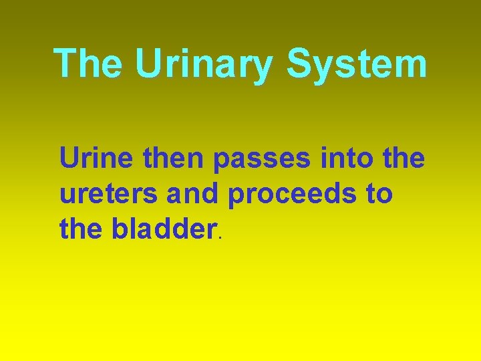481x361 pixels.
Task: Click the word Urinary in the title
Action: tap(204, 64)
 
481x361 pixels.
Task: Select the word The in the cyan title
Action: tap(88, 64)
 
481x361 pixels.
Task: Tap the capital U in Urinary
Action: tap(148, 64)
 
